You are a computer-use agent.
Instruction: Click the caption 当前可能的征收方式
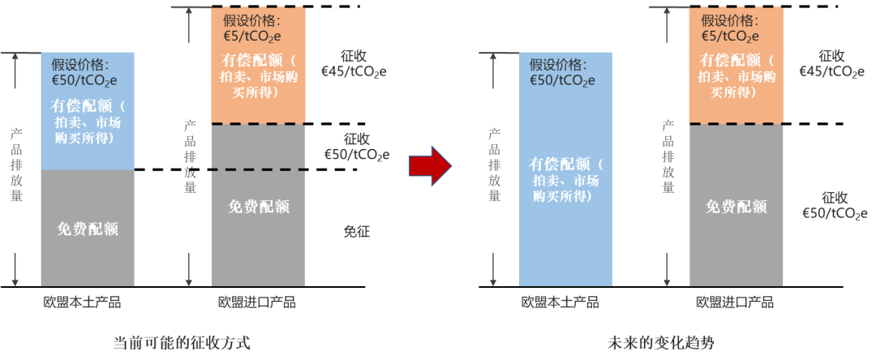(182, 342)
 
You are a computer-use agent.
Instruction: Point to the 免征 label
(356, 231)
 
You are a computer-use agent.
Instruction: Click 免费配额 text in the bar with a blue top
(88, 229)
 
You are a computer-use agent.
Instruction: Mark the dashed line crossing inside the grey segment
(258, 169)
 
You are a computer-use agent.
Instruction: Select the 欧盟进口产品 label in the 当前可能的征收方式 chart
(257, 302)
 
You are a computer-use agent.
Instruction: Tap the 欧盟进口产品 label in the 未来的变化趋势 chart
(735, 302)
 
